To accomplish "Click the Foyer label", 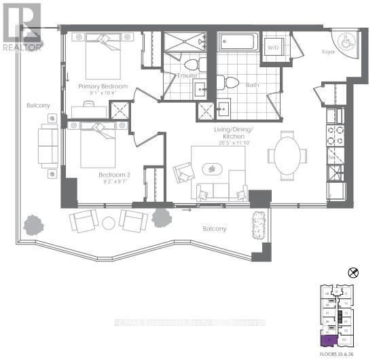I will coord(329,50).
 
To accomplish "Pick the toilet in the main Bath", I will coord(231,83).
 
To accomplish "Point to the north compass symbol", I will coord(352,272).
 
